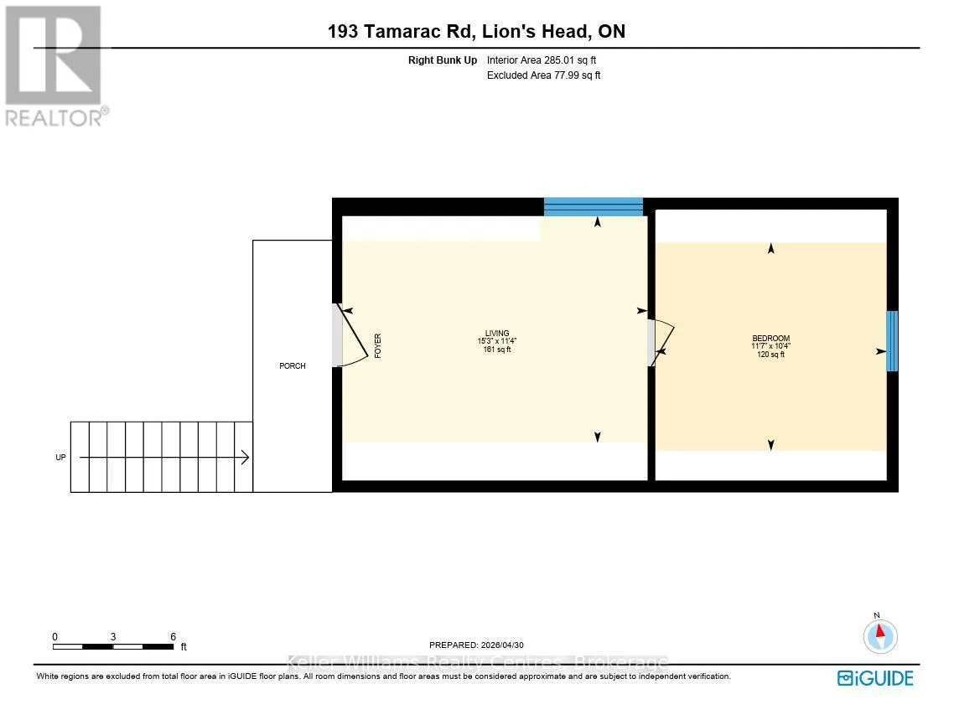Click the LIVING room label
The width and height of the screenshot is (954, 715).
coord(497,334)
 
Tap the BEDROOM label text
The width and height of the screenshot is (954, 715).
coord(771,339)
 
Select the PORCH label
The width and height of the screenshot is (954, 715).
coord(292,365)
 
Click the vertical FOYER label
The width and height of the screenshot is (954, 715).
coord(378,345)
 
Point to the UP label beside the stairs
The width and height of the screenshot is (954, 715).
coord(61,457)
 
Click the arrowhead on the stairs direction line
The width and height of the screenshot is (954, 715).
coord(245,457)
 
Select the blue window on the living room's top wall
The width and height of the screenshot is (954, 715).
coord(594,207)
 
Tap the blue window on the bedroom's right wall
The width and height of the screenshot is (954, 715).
coord(892,341)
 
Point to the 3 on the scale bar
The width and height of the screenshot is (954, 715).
coord(113,636)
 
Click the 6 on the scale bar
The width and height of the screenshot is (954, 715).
coord(174,636)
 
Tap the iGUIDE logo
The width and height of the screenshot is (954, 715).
coord(875,678)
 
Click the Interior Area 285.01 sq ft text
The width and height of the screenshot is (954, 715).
coord(542,60)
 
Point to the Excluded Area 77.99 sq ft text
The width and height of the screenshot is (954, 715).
coord(544,75)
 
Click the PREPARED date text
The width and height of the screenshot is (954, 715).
coord(476,645)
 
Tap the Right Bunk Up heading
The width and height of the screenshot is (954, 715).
coord(443,60)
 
